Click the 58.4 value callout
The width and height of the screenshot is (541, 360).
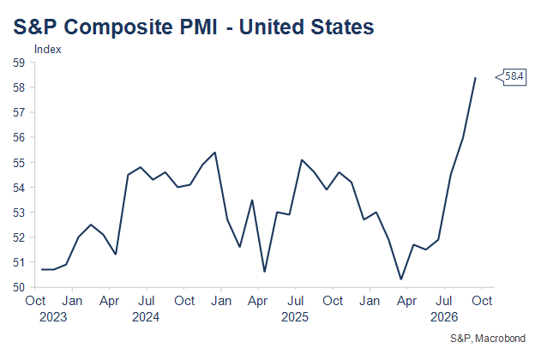(512, 77)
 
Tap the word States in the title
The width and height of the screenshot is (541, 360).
(342, 27)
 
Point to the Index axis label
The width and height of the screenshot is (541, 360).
(48, 50)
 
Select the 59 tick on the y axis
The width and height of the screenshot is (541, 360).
(19, 63)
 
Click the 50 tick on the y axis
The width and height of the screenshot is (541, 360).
(19, 287)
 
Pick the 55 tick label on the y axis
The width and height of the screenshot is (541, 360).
(19, 162)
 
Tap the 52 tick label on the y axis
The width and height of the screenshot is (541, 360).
(19, 237)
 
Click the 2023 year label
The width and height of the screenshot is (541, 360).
(53, 317)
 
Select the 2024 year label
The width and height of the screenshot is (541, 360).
(146, 317)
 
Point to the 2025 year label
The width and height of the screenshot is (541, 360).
(295, 317)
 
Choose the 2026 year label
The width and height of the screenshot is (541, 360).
(444, 317)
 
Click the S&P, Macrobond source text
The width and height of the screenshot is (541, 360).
(488, 339)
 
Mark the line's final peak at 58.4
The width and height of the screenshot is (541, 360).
(476, 78)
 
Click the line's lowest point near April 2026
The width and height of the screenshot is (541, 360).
(401, 279)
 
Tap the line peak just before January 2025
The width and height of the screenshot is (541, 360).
(215, 152)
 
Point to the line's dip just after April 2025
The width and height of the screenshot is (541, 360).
(265, 272)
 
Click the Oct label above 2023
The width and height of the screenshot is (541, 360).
(35, 301)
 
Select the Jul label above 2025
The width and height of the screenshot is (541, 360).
(296, 301)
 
